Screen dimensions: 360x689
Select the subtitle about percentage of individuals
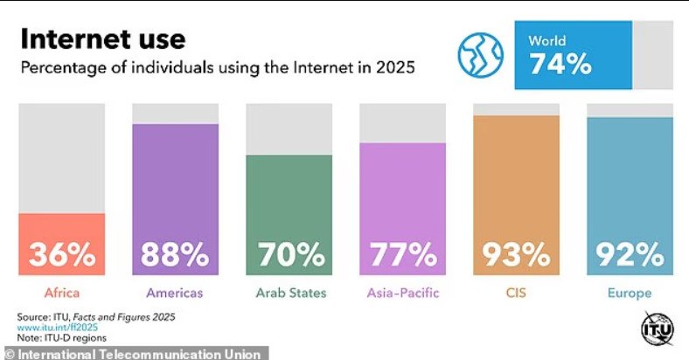pos(217,66)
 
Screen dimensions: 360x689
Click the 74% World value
pos(560,65)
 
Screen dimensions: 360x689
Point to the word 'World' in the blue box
pos(547,40)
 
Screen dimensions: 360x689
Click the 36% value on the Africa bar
pos(62,255)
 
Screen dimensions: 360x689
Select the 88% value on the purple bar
pos(176,255)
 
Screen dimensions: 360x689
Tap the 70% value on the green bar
pos(289,255)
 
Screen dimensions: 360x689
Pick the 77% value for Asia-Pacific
pos(403,255)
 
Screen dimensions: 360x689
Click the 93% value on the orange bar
pos(516,255)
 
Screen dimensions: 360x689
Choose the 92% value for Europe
pos(630,255)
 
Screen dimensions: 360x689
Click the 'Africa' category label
pos(61,294)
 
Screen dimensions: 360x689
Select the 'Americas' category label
pos(176,294)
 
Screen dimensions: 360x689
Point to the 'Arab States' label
pos(289,294)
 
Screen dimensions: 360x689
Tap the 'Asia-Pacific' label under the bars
pos(403,294)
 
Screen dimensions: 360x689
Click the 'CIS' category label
pos(516,294)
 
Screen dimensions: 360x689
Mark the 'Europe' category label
pos(630,294)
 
